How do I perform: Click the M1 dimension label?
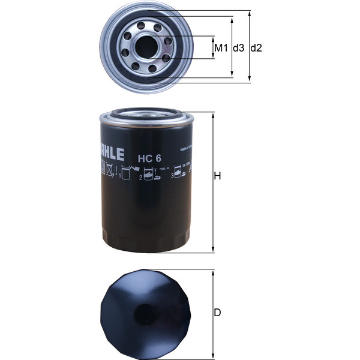[221, 47]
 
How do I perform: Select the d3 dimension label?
[238, 47]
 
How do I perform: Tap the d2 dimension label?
[256, 47]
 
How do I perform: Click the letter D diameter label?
[218, 312]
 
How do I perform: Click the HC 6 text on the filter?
[149, 159]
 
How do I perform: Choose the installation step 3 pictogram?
[179, 175]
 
